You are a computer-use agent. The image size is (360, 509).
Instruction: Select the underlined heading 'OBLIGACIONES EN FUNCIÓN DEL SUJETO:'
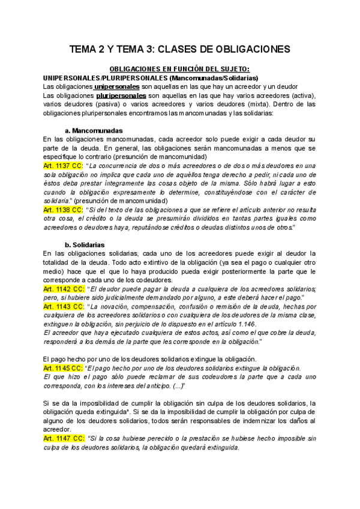(x=180, y=70)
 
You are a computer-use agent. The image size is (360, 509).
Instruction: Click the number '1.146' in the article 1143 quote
(x=246, y=324)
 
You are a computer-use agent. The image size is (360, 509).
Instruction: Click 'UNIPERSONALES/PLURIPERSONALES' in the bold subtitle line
(x=106, y=79)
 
